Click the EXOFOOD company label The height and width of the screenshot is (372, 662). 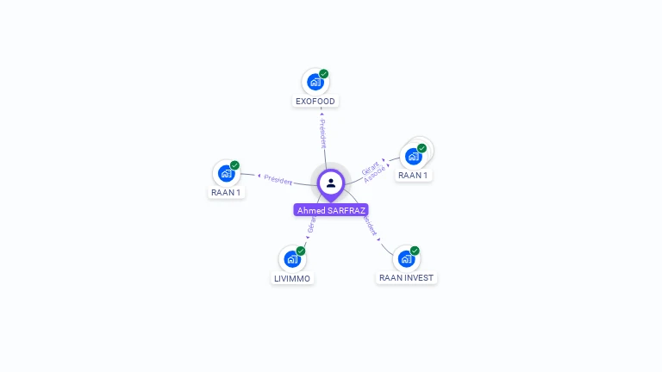315,102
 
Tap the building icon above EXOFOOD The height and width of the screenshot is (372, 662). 315,83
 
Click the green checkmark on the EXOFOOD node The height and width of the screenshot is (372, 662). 324,74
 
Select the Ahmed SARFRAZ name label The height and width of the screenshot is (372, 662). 331,210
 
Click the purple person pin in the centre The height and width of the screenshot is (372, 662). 331,183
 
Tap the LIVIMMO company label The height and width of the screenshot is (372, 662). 292,278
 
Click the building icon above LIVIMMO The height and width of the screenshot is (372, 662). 292,259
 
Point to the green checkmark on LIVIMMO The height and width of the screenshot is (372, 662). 301,251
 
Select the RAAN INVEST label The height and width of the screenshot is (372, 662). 407,278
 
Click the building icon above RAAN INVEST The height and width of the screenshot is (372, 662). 405,259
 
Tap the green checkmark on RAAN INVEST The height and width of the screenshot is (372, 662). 415,251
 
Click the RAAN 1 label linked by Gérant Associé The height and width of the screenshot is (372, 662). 413,175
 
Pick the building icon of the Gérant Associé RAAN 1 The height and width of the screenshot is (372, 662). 413,157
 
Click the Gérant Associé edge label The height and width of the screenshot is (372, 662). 372,170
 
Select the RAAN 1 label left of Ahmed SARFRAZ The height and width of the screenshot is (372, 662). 226,192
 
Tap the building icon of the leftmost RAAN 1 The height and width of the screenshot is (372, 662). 226,173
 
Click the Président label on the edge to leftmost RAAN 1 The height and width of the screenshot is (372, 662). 278,179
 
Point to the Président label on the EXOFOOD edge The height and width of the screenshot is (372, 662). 322,133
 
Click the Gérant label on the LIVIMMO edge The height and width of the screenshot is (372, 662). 311,226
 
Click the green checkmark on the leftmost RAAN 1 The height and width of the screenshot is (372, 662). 234,165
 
